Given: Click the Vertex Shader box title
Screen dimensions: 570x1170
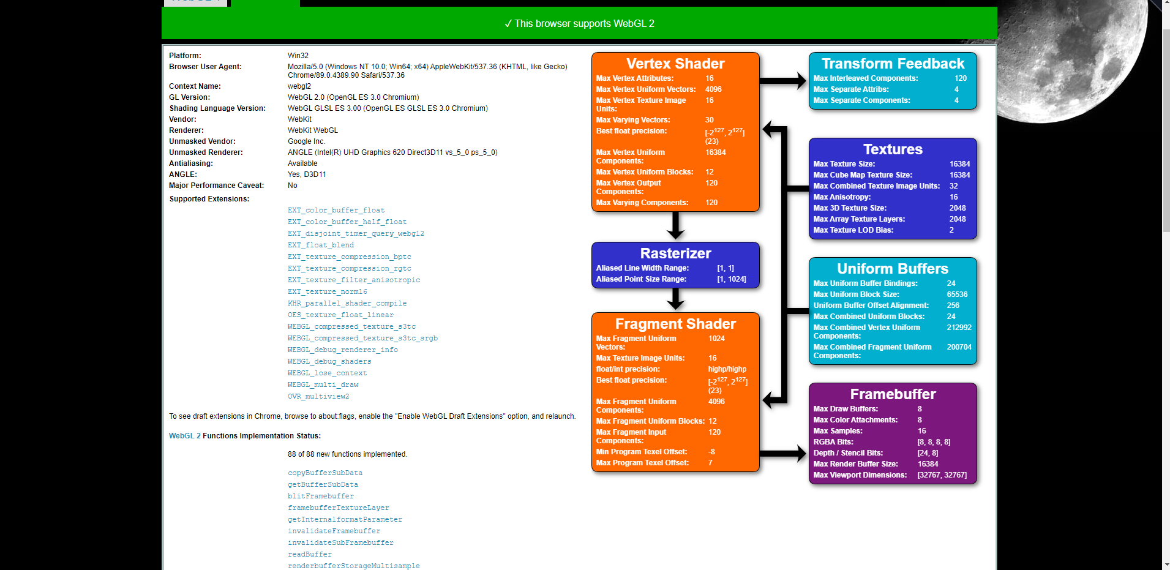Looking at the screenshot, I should pos(675,64).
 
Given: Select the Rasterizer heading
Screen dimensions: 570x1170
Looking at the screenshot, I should pos(675,253).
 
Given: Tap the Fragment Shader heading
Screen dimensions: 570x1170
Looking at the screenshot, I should pos(675,324).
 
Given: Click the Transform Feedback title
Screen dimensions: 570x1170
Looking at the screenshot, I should pos(892,64).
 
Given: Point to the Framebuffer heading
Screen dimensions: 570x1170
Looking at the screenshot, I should pos(892,394).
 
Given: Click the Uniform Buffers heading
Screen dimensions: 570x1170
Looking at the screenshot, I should pos(892,269).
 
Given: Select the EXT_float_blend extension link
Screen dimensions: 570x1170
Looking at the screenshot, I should pos(320,245).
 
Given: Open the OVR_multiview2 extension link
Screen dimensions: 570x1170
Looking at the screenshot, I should pos(318,396).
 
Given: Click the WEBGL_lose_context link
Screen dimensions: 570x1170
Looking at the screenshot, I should pos(327,373).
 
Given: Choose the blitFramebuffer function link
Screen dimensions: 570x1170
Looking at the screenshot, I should pos(320,496).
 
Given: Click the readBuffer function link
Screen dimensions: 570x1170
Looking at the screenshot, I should pos(309,554).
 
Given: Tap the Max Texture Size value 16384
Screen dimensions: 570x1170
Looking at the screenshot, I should pos(959,164).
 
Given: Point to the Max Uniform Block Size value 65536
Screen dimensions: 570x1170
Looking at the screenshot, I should pos(957,294).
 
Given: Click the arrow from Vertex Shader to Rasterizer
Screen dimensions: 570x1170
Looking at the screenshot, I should pos(675,225).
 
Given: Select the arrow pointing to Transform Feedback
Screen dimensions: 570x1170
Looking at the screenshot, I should pos(783,80).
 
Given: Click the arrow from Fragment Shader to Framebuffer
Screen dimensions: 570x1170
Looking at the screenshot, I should pos(783,454).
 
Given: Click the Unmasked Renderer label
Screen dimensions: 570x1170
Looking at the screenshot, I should pos(206,152).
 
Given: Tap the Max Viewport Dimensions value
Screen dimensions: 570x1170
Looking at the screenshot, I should pos(942,475).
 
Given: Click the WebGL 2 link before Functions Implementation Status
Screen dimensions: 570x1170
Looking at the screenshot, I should pos(184,436).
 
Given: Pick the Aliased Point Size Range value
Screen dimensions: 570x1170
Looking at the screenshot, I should pos(731,279).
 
